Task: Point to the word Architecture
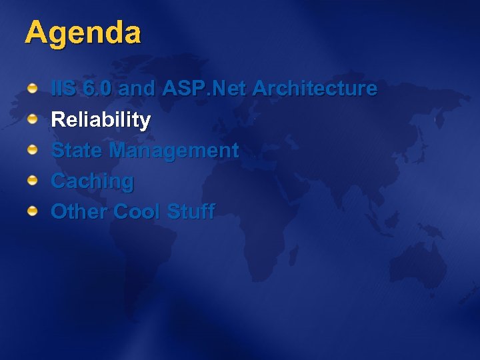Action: [315, 89]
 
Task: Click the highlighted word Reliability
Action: [101, 121]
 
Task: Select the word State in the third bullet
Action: [77, 151]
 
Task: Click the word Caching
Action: [92, 181]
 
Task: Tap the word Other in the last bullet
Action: [79, 212]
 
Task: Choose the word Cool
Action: [137, 212]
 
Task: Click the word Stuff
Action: [191, 212]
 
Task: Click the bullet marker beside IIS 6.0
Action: [32, 89]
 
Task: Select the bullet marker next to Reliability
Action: [32, 119]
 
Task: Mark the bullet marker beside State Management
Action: [32, 150]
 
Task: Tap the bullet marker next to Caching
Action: [32, 181]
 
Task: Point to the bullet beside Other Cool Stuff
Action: [32, 211]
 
